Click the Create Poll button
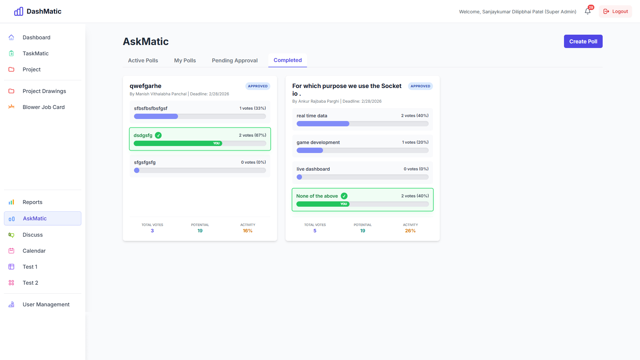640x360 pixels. tap(583, 41)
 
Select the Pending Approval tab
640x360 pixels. tap(235, 60)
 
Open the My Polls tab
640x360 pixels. tap(185, 60)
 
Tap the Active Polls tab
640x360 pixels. tap(143, 60)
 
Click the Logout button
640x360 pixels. tap(615, 11)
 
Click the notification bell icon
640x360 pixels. tap(588, 11)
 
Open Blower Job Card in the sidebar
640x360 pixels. tap(43, 107)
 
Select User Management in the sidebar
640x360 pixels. tap(46, 304)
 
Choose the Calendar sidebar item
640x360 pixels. tap(34, 251)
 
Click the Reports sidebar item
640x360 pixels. tap(32, 202)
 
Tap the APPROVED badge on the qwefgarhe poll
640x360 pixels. tap(258, 86)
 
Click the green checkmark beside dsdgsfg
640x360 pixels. tap(158, 135)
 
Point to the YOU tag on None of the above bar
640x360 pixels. tap(344, 204)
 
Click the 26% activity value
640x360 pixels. tap(410, 231)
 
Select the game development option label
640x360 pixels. tap(318, 142)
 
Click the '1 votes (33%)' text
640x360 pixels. tap(252, 108)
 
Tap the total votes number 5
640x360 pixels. tap(315, 231)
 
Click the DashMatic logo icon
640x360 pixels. tap(19, 11)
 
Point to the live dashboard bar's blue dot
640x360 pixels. tap(299, 177)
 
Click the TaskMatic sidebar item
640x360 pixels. tap(35, 53)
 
